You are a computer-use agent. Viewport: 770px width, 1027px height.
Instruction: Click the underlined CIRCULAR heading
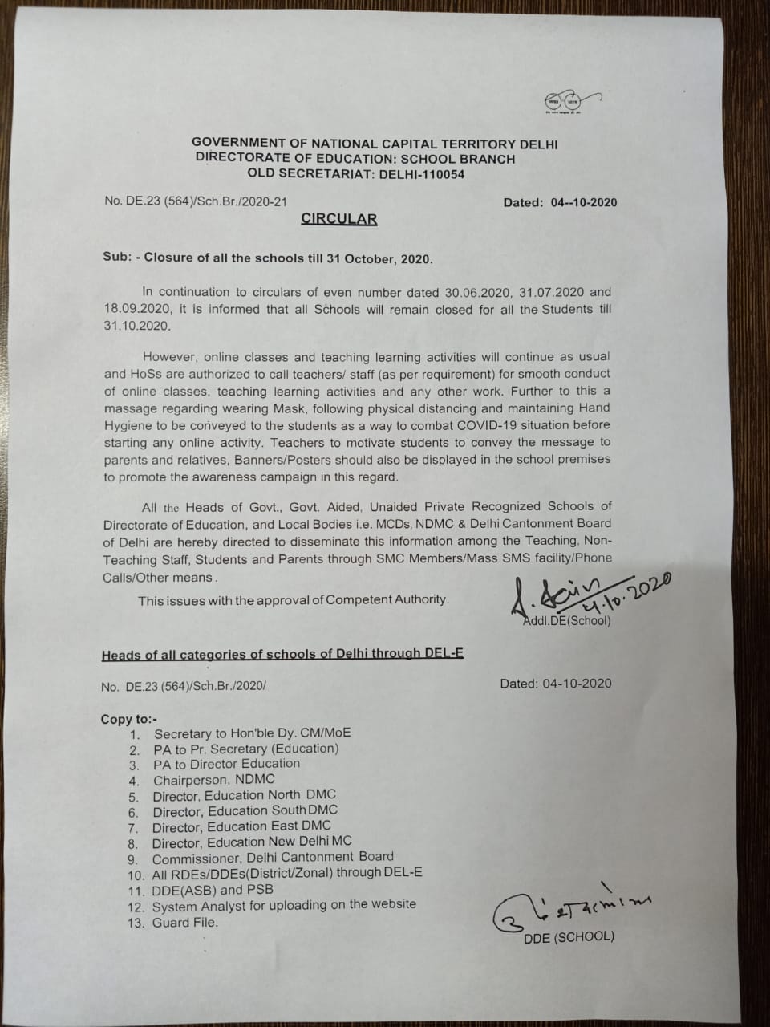tap(338, 219)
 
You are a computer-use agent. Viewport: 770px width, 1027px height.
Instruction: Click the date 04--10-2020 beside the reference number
tap(584, 202)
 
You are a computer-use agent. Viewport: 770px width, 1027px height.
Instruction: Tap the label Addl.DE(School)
tap(566, 620)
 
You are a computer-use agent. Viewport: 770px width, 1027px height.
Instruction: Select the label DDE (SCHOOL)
tap(569, 936)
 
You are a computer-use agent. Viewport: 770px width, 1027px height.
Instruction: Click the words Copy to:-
tap(129, 719)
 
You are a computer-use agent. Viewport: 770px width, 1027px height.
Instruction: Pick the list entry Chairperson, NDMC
tap(213, 779)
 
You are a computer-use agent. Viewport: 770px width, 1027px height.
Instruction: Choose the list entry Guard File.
tap(184, 922)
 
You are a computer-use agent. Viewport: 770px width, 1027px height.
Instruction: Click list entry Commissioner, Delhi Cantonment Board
tap(273, 857)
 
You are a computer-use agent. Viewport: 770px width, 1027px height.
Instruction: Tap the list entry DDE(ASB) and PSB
tap(213, 889)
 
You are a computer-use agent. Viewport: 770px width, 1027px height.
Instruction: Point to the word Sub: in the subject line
tap(117, 258)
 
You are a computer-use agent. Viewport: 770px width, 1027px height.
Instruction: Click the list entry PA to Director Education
tap(226, 764)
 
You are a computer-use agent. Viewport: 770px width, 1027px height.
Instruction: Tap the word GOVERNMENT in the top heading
tap(235, 144)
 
